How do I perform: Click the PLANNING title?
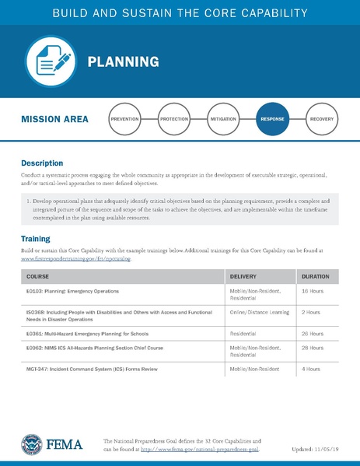click(123, 61)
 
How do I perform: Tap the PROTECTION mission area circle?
click(173, 121)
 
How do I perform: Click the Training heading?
click(37, 238)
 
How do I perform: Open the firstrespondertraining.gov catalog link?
click(76, 259)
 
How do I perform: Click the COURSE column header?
click(38, 276)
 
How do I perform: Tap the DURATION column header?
click(315, 276)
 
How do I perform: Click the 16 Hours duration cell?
click(312, 291)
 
